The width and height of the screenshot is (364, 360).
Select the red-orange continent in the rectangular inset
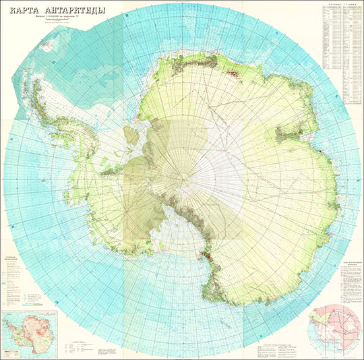pyautogui.click(x=30, y=332)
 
